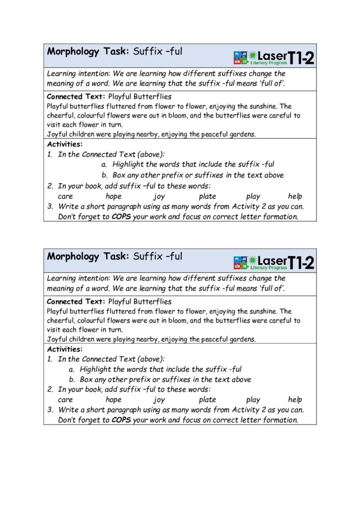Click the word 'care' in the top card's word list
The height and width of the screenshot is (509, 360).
click(66, 196)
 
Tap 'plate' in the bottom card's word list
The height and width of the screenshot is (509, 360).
click(207, 400)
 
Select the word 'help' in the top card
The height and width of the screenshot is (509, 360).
click(295, 196)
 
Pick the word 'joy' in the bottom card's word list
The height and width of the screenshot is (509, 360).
click(159, 400)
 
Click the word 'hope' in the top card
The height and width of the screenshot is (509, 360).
click(113, 196)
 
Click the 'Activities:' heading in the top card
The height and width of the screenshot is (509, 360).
click(65, 145)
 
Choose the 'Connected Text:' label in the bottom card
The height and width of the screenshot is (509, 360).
click(76, 302)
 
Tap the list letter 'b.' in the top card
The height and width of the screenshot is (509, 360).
click(104, 175)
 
